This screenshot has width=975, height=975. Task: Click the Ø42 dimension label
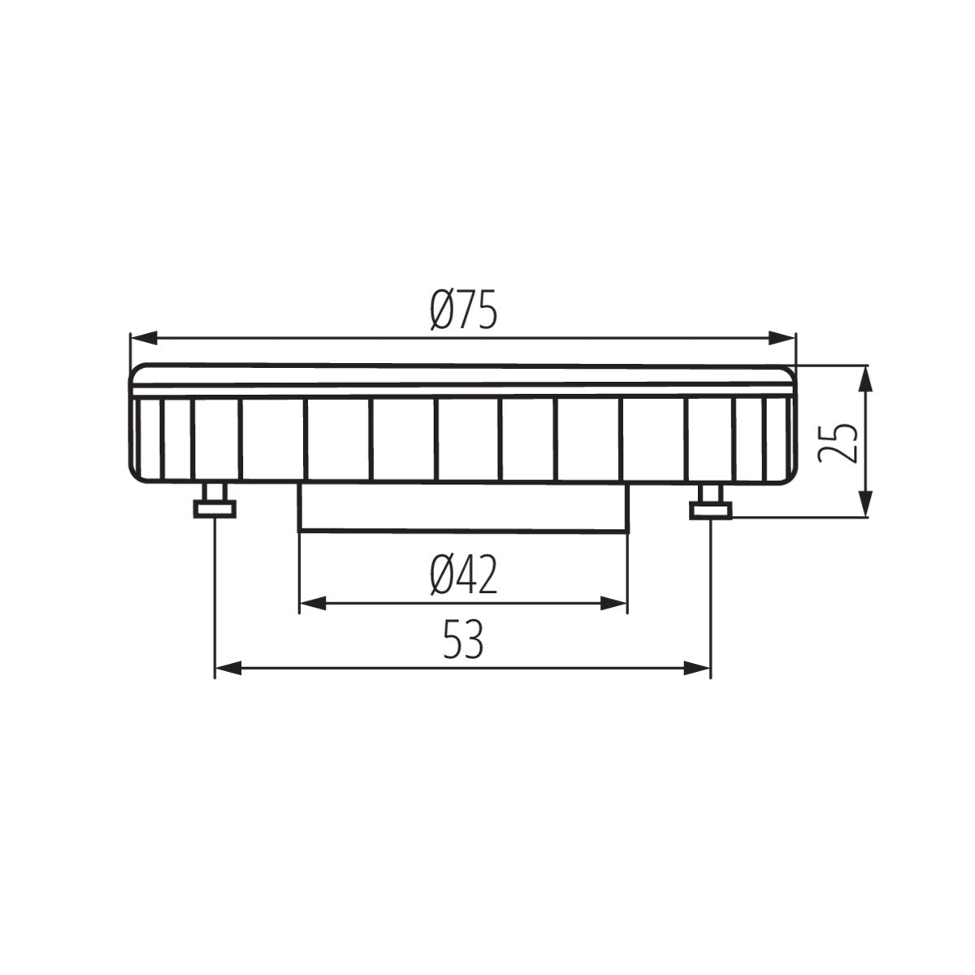[463, 577]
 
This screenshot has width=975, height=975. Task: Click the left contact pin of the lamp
[214, 501]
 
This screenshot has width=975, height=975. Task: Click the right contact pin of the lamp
[711, 501]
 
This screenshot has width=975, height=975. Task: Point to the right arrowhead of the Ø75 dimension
[783, 337]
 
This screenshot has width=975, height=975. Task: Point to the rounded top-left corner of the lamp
[136, 370]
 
